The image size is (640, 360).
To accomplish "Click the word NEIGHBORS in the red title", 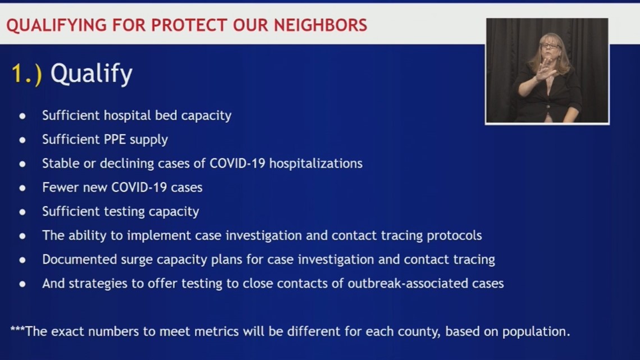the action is (x=321, y=25).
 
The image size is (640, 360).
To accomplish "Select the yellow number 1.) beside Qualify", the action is (x=26, y=74).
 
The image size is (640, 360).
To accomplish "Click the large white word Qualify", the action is (x=92, y=74).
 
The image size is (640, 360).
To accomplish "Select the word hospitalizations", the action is (x=316, y=163).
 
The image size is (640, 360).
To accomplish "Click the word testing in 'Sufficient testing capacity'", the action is (x=124, y=212).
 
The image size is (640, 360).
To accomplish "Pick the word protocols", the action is (x=454, y=235).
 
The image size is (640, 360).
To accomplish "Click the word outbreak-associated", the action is (x=408, y=283).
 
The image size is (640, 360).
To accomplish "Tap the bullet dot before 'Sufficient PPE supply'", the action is (x=22, y=140).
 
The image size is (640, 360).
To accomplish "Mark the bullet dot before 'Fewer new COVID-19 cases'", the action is (x=22, y=188).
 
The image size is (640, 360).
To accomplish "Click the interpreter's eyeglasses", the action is (x=550, y=46).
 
